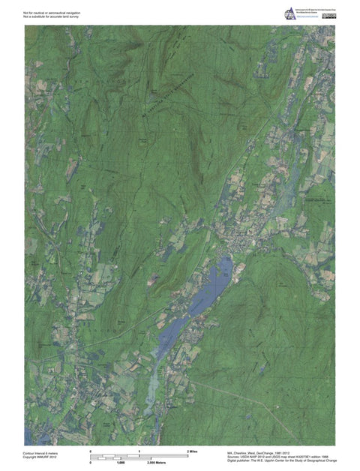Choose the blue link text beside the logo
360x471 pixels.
click(x=308, y=16)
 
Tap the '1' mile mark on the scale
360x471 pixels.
click(x=139, y=450)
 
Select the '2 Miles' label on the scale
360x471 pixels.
click(x=191, y=450)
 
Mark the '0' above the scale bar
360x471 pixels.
click(x=91, y=450)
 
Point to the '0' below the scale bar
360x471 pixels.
click(x=91, y=463)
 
